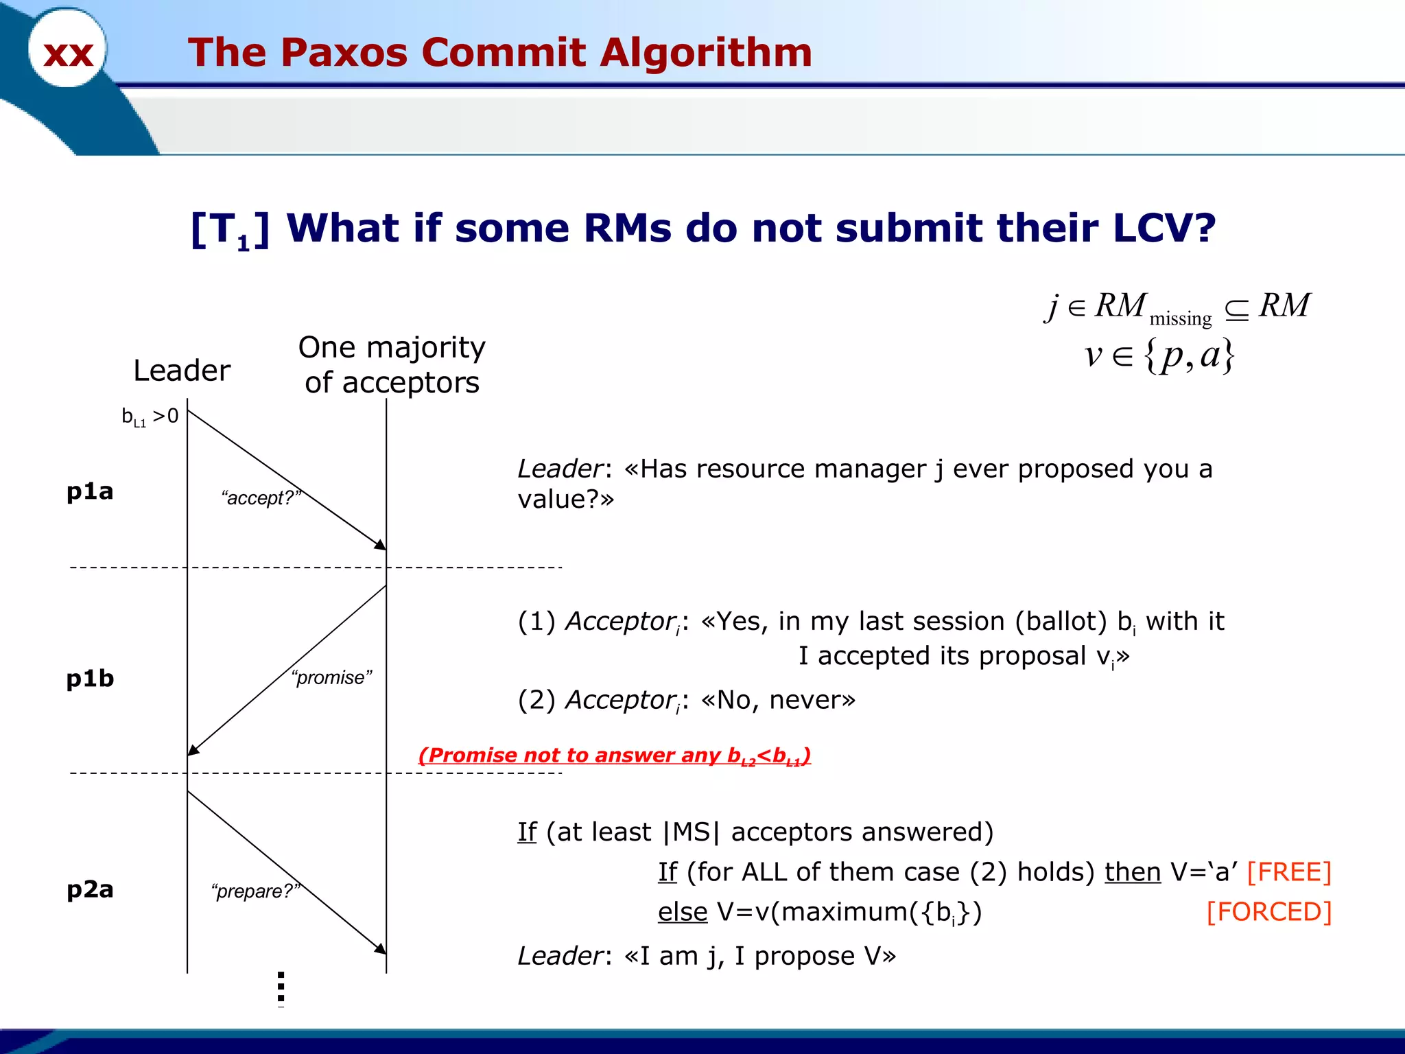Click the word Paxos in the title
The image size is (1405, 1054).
[x=344, y=52]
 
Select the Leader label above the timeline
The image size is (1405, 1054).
[x=181, y=371]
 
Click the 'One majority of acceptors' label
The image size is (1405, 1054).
[x=392, y=365]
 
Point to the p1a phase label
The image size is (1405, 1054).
[x=90, y=491]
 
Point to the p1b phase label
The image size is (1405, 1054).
[x=90, y=679]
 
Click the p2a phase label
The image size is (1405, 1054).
[x=90, y=889]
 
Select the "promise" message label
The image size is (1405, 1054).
[x=331, y=677]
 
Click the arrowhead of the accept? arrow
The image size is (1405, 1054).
[x=381, y=545]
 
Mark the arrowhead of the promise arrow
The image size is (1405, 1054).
[x=193, y=751]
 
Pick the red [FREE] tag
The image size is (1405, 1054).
[x=1288, y=872]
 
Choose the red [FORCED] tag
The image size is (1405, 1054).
[x=1268, y=912]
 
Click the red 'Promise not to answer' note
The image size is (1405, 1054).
[x=614, y=756]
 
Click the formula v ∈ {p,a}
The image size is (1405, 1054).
[x=1159, y=355]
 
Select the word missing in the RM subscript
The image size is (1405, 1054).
[x=1180, y=318]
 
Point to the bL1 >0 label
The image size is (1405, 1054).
[x=150, y=416]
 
